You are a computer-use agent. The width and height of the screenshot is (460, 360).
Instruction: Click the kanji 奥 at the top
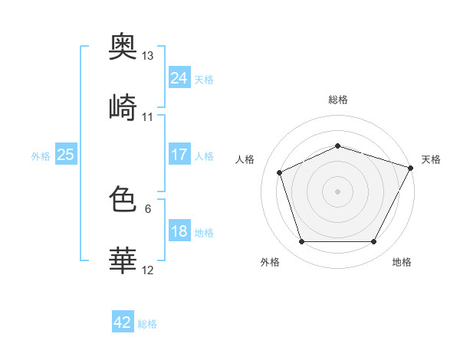click(123, 46)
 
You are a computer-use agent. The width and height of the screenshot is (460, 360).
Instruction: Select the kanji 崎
click(123, 107)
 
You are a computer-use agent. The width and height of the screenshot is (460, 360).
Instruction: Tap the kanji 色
click(123, 198)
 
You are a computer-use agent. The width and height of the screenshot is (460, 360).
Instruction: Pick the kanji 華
click(123, 260)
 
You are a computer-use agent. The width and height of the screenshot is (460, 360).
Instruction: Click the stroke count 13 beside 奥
click(147, 56)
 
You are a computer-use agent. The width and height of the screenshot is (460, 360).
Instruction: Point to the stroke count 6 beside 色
click(148, 209)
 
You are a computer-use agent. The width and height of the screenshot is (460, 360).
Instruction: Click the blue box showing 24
click(179, 77)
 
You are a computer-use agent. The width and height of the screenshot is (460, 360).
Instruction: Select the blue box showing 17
click(179, 154)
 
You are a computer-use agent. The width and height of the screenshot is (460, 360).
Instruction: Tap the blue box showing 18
click(179, 230)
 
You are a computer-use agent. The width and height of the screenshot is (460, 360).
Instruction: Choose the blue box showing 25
click(66, 154)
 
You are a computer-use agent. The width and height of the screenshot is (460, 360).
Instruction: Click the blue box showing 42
click(123, 321)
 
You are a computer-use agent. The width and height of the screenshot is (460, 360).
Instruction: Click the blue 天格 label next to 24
click(204, 80)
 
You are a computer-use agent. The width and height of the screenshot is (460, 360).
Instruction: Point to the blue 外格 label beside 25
click(41, 156)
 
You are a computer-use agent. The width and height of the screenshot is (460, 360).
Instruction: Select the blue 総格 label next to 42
click(147, 324)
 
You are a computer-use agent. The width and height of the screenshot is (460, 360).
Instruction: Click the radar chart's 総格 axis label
click(338, 100)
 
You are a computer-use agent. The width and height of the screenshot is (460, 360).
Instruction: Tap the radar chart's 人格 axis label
click(245, 159)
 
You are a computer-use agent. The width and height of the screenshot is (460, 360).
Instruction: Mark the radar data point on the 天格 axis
click(410, 168)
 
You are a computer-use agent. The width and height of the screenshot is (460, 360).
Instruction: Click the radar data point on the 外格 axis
click(302, 242)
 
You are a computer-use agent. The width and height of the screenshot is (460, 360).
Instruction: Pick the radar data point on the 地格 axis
click(374, 242)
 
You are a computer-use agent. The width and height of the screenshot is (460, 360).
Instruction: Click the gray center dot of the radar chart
click(337, 191)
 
